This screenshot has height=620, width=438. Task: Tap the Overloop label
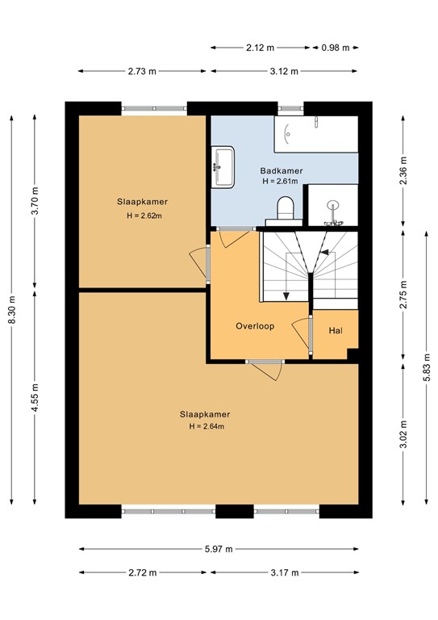[255, 327]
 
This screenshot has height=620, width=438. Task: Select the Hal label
[336, 331]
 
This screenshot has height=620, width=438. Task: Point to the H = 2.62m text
[144, 216]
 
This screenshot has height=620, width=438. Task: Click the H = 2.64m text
[206, 426]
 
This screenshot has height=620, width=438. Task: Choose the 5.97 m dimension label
[218, 549]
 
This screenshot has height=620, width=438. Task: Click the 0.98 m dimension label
[335, 48]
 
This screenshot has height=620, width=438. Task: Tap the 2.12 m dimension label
[261, 48]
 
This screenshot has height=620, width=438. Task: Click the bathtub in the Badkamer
[315, 135]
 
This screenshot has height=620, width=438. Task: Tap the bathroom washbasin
[223, 166]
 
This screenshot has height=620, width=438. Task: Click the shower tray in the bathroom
[333, 205]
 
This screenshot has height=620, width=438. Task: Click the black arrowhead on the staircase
[324, 253]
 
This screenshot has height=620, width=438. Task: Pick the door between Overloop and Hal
[309, 336]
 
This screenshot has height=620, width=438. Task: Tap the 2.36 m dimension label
[404, 171]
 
